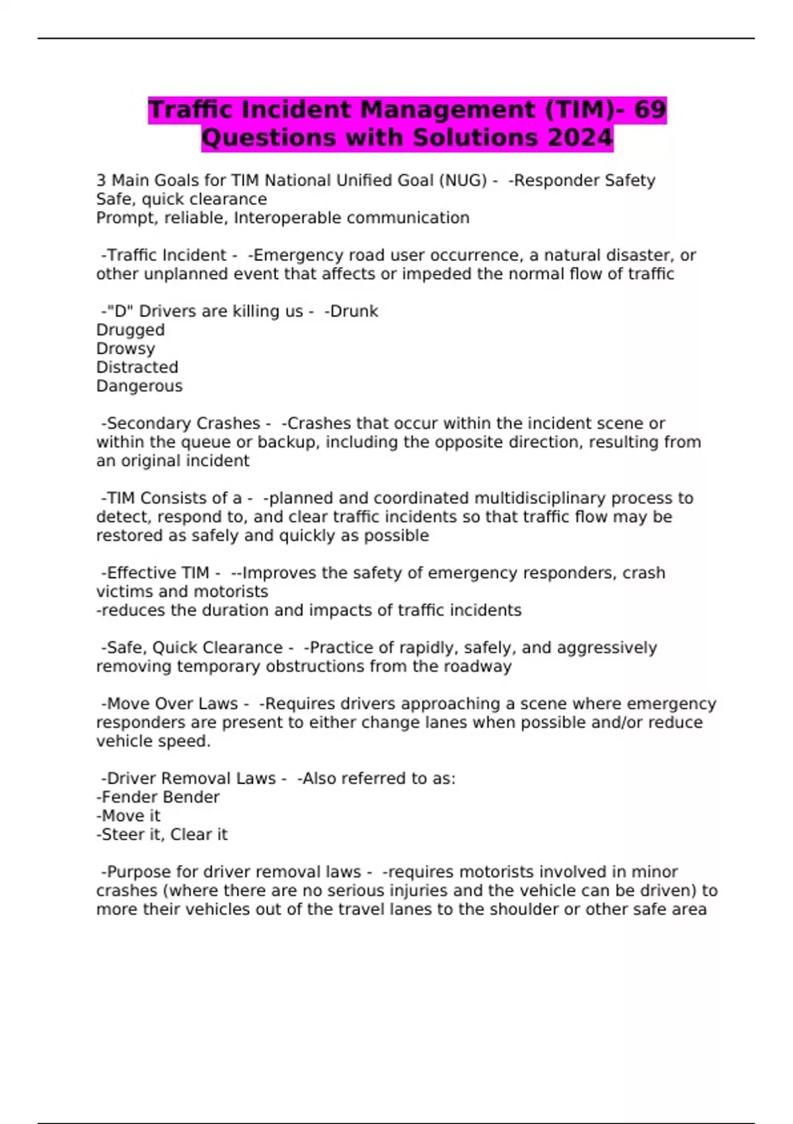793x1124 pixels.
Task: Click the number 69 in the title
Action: (x=649, y=110)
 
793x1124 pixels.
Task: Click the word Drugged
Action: (x=130, y=330)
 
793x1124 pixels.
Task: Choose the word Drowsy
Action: (x=126, y=348)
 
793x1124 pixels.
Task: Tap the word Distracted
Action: (x=137, y=368)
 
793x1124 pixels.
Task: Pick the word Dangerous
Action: (x=139, y=386)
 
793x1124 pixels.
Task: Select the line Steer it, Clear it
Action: (x=163, y=835)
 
